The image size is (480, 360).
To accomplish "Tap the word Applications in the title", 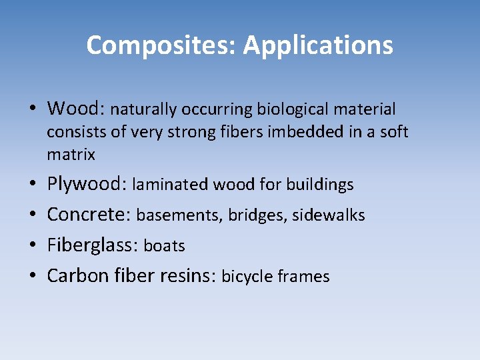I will (x=318, y=45).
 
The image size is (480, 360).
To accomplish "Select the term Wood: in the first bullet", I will (x=76, y=108).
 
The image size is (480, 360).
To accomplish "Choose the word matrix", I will (x=71, y=155).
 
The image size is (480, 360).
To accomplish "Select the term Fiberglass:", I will (x=93, y=245).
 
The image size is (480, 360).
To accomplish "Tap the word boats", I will (x=164, y=246).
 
